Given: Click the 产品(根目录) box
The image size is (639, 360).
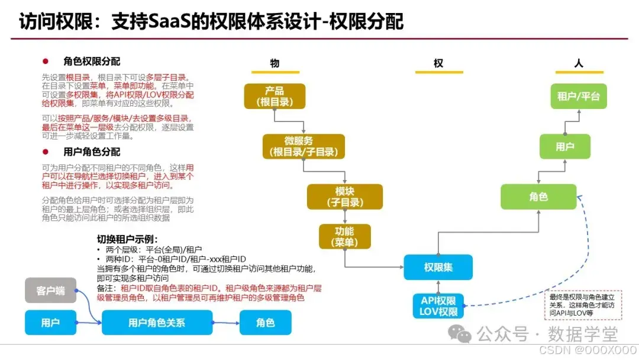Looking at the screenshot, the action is click(275, 96).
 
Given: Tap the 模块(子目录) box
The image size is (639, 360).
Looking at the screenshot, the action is click(345, 197).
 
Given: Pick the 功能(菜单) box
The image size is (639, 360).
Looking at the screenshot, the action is click(344, 236).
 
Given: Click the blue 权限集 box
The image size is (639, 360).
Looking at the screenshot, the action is click(438, 267).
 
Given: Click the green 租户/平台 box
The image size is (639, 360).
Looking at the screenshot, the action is click(579, 96).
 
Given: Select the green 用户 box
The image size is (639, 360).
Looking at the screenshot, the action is click(564, 146).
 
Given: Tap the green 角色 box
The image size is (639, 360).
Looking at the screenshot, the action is click(538, 197).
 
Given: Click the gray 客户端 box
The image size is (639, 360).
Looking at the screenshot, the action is click(50, 290).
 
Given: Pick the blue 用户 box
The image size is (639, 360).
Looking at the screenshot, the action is click(50, 323).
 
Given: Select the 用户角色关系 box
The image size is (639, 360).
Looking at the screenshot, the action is click(157, 323).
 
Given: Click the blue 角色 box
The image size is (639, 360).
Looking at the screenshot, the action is click(266, 323).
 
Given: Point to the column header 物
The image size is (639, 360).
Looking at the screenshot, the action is click(275, 63).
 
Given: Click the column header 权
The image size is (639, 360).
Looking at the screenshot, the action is click(438, 63).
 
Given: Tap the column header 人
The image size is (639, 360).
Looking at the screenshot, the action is click(579, 63).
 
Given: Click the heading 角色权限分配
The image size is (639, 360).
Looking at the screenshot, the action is click(91, 62).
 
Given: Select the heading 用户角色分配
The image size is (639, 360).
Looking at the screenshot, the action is click(91, 152).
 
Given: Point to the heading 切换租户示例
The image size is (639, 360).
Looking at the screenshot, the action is click(127, 240).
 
